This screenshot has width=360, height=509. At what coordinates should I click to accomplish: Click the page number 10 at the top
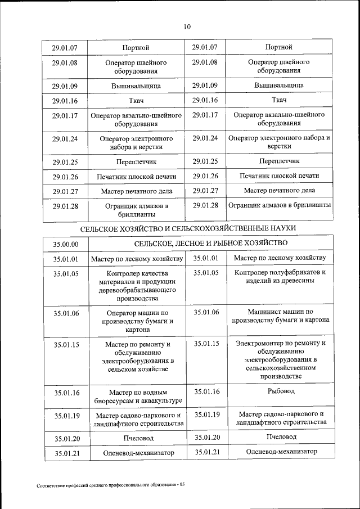pos(187,26)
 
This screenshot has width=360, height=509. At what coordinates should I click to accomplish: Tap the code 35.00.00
pos(66,244)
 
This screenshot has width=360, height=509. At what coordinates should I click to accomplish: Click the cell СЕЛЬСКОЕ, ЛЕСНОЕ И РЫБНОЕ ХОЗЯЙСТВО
pos(210,243)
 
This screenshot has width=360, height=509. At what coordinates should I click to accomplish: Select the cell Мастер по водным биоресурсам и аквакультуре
pos(137,397)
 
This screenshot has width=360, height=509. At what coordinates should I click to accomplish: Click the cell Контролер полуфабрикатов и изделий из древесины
pos(280,277)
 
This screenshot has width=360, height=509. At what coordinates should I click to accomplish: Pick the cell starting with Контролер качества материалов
pos(137,286)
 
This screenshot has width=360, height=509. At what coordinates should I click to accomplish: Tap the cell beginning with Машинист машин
pos(280,316)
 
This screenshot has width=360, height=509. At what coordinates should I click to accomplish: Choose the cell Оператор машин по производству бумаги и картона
pos(137,321)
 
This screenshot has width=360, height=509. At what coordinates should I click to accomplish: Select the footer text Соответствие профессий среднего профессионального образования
pos(110,485)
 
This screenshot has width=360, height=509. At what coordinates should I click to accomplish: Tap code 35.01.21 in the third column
pos(206,452)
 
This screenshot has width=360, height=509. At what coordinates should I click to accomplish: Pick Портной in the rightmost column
pos(280,47)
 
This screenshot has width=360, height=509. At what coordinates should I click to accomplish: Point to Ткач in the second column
pos(137,101)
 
